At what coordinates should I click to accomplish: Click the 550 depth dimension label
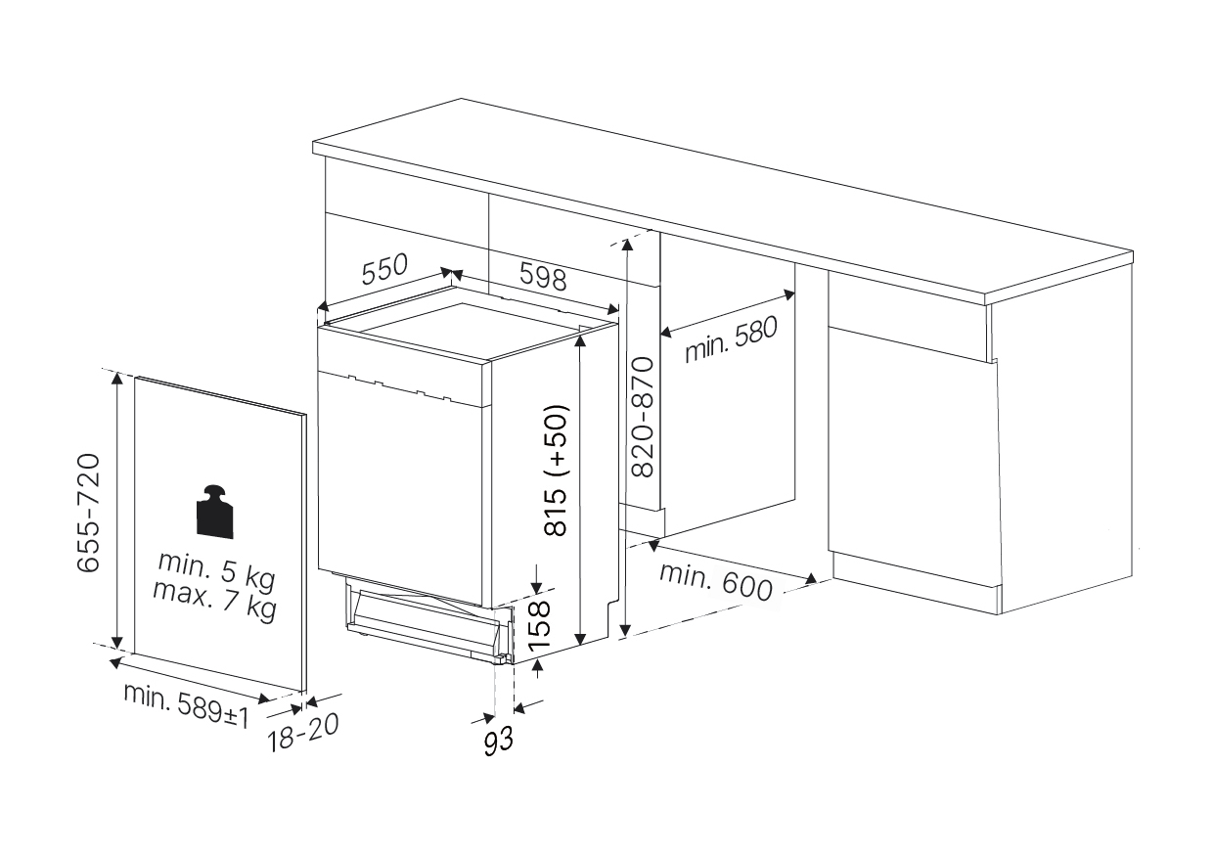(384, 269)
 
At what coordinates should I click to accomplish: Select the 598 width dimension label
(543, 276)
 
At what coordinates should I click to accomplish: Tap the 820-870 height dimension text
(644, 417)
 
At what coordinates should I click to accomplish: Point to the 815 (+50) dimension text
(556, 471)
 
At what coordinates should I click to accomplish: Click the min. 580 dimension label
(731, 338)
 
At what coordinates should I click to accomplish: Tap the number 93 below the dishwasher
(498, 741)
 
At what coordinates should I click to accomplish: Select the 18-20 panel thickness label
(303, 732)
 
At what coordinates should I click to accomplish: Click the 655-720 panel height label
(89, 513)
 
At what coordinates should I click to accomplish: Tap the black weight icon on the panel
(214, 512)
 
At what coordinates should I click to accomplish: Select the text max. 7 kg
(214, 601)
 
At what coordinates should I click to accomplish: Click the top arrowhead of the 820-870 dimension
(627, 245)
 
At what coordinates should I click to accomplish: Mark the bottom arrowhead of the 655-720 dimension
(116, 643)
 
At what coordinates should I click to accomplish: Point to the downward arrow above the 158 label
(536, 579)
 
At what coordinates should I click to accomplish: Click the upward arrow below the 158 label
(537, 669)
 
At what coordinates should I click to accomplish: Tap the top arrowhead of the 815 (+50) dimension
(580, 341)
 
